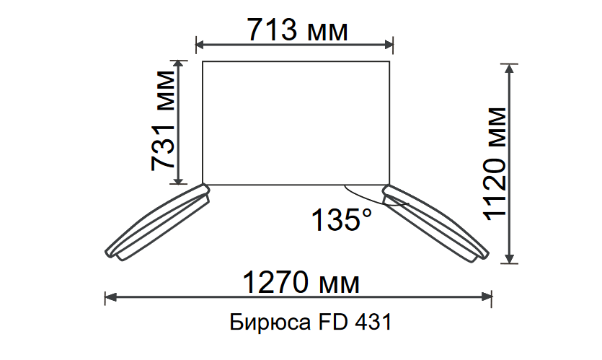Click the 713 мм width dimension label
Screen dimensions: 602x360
[x=298, y=30]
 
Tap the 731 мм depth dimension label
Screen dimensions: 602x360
[x=163, y=120]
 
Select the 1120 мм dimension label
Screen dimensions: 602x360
[x=495, y=164]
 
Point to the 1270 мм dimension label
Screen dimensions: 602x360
[x=301, y=282]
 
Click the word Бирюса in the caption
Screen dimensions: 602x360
[x=270, y=322]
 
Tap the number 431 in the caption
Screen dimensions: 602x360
[x=373, y=322]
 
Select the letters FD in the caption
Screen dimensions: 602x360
[x=333, y=322]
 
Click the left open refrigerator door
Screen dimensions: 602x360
[x=157, y=223]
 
